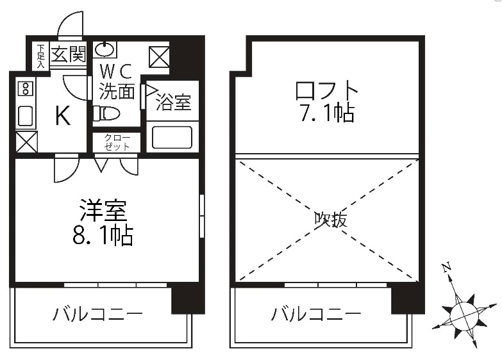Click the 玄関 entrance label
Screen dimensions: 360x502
click(x=68, y=54)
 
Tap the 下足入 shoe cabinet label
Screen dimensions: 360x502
click(x=40, y=56)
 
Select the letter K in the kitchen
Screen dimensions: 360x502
click(x=62, y=116)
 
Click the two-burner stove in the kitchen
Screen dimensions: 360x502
click(x=26, y=88)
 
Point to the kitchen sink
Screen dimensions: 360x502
click(x=26, y=116)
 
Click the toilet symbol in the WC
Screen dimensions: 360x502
click(x=106, y=113)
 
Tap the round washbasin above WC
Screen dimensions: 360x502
click(x=106, y=49)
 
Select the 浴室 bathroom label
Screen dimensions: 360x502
click(x=174, y=103)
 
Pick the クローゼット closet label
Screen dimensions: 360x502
click(x=116, y=142)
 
